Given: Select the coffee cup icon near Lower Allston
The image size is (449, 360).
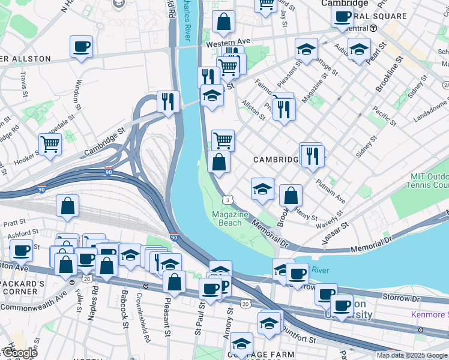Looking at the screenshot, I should click(x=81, y=47).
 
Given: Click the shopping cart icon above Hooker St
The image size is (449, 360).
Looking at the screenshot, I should click(x=50, y=144).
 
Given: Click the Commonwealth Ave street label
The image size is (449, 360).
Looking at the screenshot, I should click(x=36, y=296).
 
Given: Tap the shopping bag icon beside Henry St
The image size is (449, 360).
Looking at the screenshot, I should click(x=291, y=196).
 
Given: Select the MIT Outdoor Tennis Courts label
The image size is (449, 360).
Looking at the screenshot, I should click(x=430, y=181).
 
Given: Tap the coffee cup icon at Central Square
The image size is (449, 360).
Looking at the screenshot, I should click(x=342, y=17).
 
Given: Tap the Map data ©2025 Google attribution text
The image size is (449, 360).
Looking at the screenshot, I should click(x=412, y=355).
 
